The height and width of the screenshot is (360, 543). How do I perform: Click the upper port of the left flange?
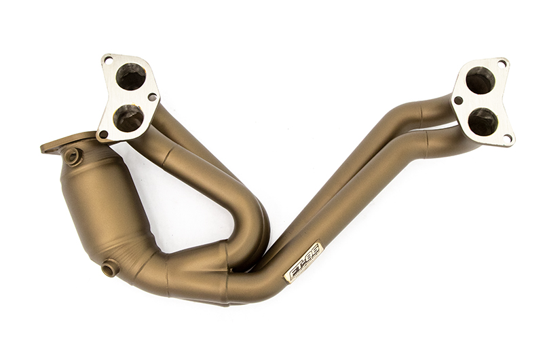tap(130, 76)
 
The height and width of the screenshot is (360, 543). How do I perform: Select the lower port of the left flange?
tap(128, 118)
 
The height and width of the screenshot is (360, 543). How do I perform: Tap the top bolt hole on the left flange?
tap(109, 60)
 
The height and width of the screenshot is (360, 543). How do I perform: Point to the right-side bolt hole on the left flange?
tap(152, 97)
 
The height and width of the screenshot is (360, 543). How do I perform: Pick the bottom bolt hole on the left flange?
tap(104, 134)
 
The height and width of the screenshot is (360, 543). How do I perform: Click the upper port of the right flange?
tap(481, 80)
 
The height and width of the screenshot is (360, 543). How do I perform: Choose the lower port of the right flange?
tap(483, 121)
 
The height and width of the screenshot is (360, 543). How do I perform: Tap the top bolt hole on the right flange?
tap(502, 63)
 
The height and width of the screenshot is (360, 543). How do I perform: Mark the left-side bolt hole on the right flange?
tap(459, 101)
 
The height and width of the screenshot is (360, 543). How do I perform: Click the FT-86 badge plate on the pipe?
tap(303, 261)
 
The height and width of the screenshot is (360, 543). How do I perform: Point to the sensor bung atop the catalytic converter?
tap(72, 156)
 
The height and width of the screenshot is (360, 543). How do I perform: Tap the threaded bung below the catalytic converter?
tap(109, 268)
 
